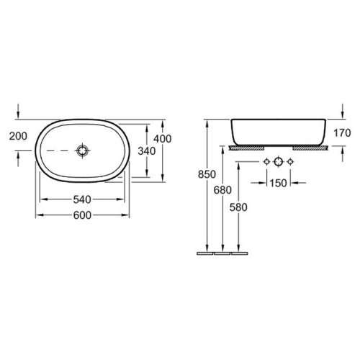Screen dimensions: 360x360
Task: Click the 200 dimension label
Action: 18,136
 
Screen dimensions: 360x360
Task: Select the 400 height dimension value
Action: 163,139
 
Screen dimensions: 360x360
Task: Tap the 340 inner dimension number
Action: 147,151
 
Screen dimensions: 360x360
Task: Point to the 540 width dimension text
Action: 82,199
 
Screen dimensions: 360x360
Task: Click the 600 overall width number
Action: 82,215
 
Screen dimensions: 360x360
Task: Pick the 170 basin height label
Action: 342,133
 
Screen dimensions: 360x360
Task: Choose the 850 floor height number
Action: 207,174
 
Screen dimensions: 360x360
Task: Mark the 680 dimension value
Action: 222,190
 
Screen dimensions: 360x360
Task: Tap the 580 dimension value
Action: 238,207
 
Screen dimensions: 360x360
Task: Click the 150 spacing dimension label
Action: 279,184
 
